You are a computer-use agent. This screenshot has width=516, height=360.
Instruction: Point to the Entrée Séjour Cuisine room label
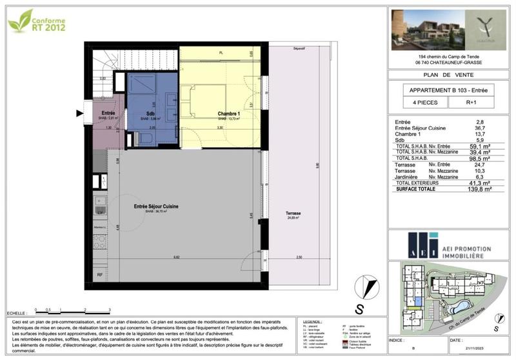tap(156, 206)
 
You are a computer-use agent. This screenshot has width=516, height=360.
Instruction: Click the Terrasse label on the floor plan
tap(294, 214)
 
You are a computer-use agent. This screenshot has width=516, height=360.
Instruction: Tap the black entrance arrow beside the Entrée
tap(80, 114)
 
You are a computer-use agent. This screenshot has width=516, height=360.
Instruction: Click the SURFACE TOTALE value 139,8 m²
tap(479, 189)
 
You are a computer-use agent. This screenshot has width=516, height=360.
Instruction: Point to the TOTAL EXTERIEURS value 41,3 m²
tap(479, 183)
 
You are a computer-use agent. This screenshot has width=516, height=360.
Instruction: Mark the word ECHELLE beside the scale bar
tap(17, 312)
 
